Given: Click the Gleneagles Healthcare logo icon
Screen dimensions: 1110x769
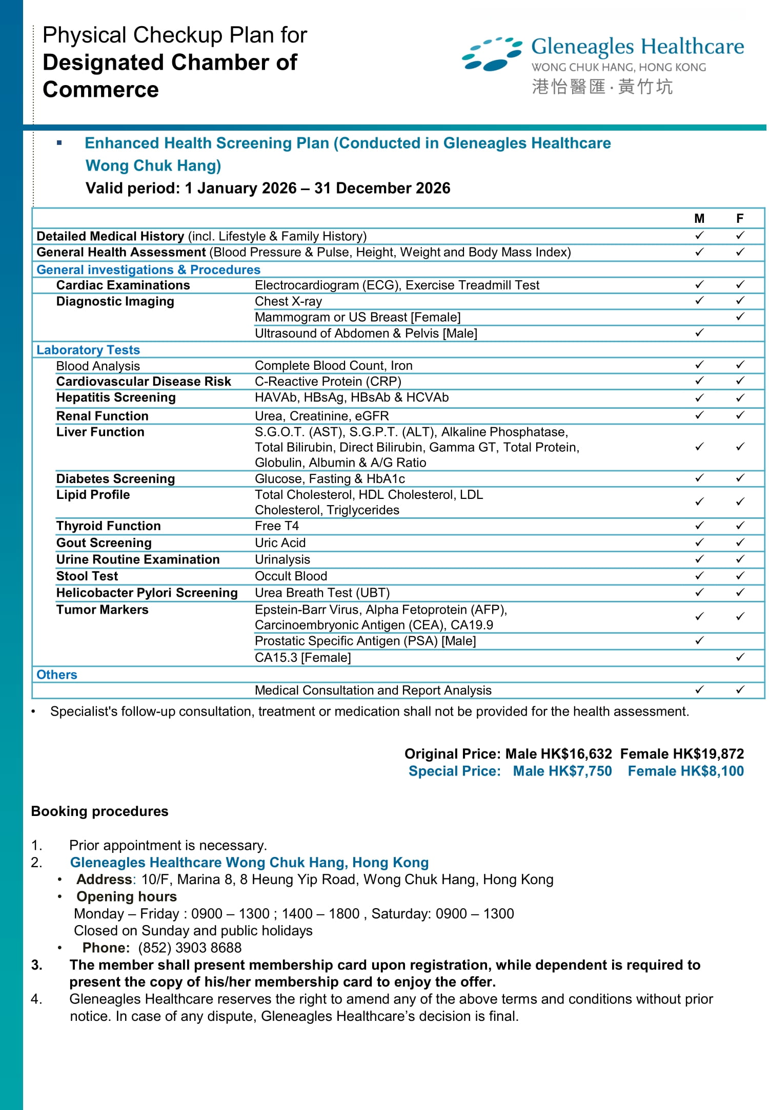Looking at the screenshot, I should tap(491, 54).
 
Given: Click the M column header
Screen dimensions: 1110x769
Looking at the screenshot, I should tap(699, 219).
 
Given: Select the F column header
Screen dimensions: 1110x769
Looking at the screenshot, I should tap(739, 219).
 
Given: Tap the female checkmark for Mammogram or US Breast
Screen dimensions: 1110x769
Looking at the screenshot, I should tap(739, 317).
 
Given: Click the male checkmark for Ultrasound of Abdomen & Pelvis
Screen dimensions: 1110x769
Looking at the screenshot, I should tap(699, 333).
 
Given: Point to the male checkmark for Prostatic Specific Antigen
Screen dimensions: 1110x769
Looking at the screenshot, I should tap(699, 641).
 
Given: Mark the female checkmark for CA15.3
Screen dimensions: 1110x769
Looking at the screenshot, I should tap(739, 657).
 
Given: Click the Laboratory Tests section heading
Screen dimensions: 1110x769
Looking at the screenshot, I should tap(88, 350).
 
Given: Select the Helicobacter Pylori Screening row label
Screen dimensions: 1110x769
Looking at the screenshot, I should tap(147, 593).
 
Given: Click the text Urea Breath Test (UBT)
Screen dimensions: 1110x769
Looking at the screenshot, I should tap(322, 593).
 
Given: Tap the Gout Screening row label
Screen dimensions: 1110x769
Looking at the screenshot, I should tap(104, 542).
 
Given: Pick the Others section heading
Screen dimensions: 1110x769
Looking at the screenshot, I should tap(56, 675).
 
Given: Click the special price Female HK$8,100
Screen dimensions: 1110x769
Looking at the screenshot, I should tap(685, 771).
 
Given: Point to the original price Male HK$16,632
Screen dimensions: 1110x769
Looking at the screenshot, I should tap(558, 753).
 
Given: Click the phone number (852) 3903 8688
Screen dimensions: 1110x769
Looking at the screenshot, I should tap(190, 948).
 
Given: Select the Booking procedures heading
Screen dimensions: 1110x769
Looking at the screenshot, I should tap(99, 811).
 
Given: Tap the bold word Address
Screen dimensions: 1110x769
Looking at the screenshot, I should tap(104, 879).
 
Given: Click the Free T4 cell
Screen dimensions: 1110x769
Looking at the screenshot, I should tap(277, 526).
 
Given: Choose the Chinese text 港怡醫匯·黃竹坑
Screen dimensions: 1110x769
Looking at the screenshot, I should tap(602, 87).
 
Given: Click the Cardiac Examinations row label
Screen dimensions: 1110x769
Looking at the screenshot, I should tap(123, 285).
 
